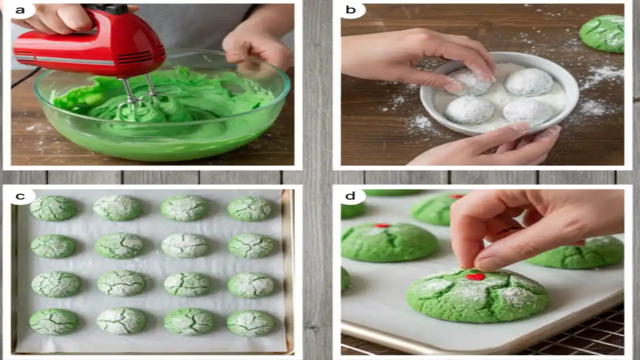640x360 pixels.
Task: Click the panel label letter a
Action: pos(20,10)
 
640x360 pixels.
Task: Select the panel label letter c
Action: pos(20,196)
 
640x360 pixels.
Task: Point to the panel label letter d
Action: pos(350,196)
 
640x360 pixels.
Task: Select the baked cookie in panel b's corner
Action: pos(604,33)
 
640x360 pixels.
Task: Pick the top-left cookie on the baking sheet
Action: pos(53,208)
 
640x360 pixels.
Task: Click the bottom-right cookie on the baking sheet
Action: pos(250,323)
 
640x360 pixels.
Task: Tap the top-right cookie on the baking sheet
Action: pos(250,209)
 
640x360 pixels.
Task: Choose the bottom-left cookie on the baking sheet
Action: pos(53,322)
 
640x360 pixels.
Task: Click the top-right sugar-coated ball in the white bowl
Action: pos(529,82)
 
